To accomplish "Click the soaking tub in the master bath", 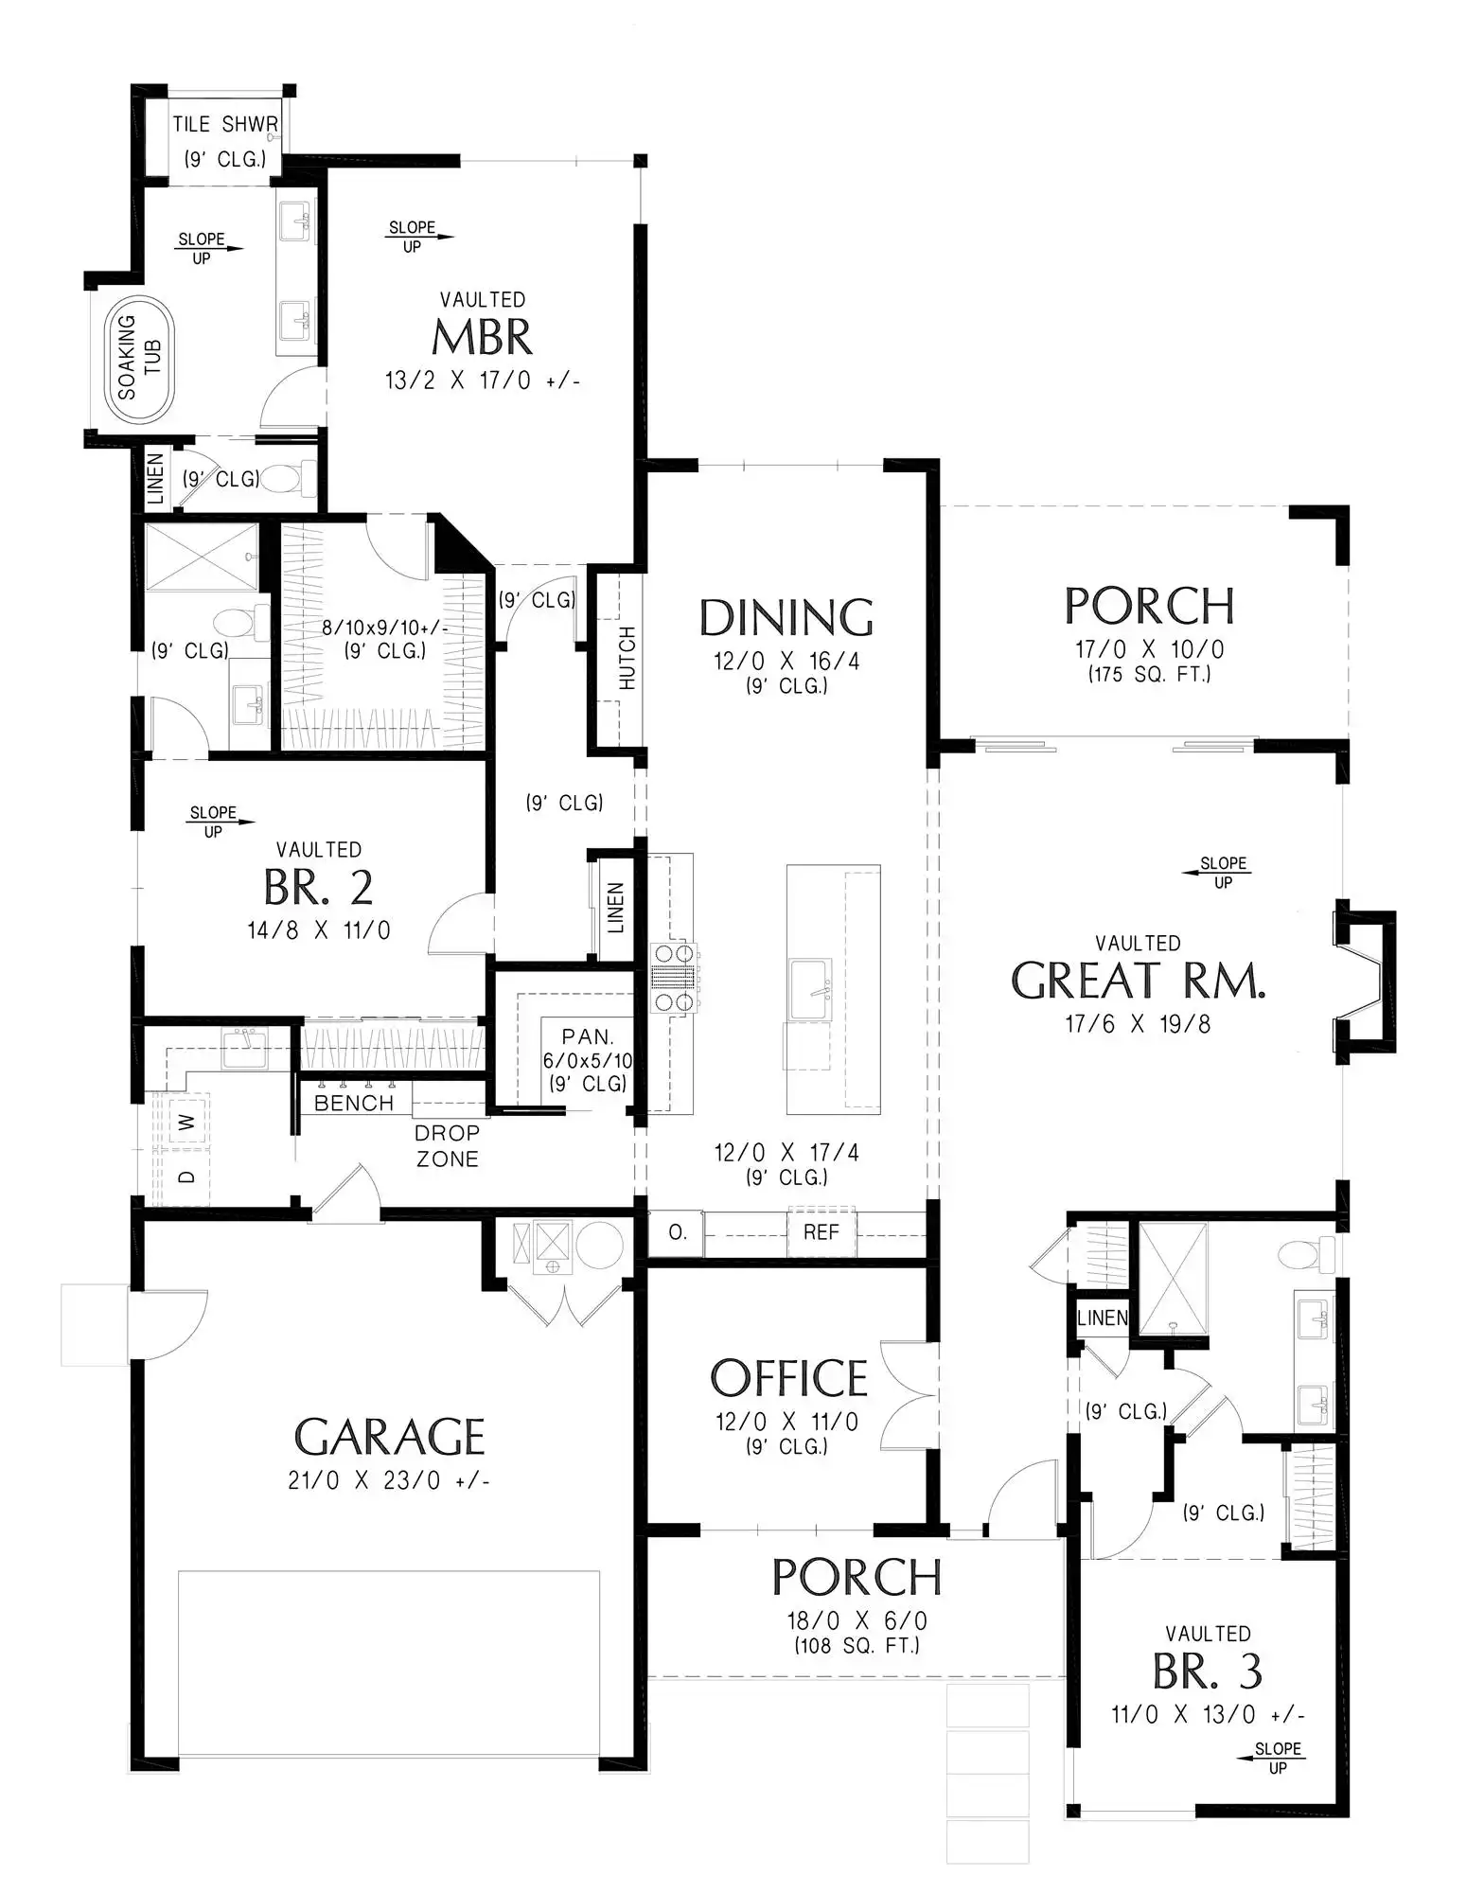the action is pos(144,362).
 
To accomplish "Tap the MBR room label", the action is pos(482,337).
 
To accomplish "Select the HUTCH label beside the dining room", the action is pos(627,658).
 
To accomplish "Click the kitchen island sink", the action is pos(810,989).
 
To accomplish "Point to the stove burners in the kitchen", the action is pos(673,978).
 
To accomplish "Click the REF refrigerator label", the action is pos(821,1232).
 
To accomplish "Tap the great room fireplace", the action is pos(1364,982).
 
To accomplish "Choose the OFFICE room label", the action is pos(789,1379).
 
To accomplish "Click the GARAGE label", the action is pos(390,1437).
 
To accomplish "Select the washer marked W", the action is pos(187,1122).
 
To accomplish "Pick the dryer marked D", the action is pos(187,1176).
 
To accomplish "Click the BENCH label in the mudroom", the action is pos(354,1103).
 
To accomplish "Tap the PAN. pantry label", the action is pos(588,1036).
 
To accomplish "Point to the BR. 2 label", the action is pos(318,888).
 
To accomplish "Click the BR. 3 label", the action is pos(1208,1672).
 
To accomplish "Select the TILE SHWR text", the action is pos(225,124).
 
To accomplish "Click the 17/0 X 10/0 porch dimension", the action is pos(1150,649).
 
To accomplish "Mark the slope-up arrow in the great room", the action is pos(1216,873).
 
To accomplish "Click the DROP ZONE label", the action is pos(447,1145).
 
